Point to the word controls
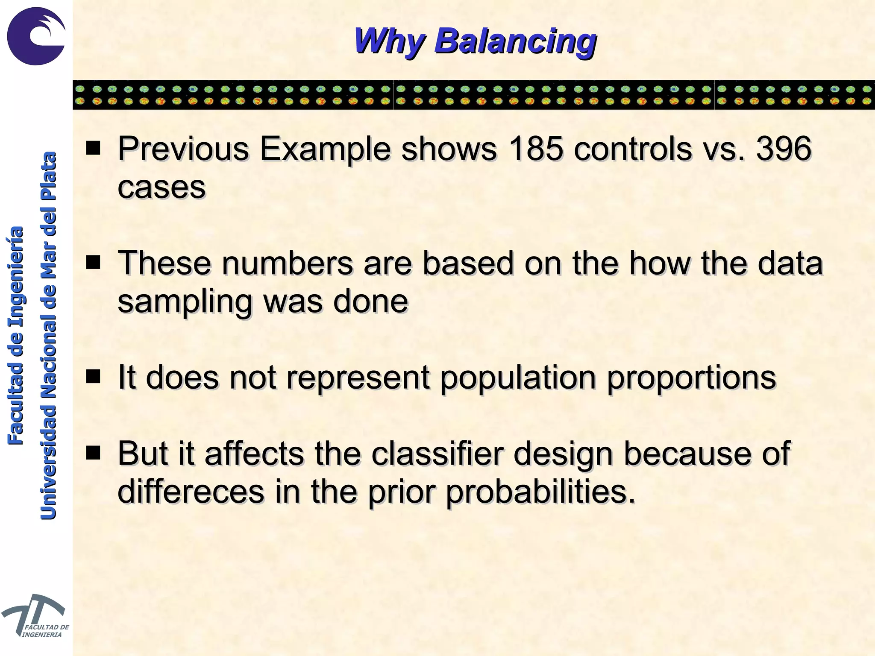[632, 149]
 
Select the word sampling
[185, 301]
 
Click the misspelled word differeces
[191, 491]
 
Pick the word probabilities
[540, 491]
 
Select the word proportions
[691, 378]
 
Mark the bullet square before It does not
[93, 377]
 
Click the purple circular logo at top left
[36, 36]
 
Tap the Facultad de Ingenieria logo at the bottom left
[34, 615]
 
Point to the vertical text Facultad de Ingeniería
[16, 335]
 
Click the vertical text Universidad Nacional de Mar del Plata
[48, 335]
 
